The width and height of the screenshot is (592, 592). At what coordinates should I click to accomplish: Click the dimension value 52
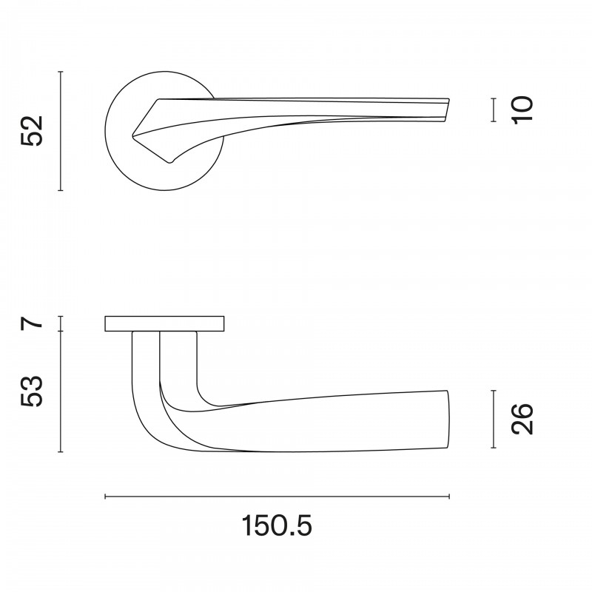click(32, 131)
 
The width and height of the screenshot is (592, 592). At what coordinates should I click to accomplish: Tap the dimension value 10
click(522, 109)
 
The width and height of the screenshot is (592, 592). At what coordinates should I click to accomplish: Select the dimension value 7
click(32, 323)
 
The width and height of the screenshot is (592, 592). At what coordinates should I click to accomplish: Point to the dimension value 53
click(32, 391)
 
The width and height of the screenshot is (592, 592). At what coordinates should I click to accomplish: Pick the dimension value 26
click(522, 419)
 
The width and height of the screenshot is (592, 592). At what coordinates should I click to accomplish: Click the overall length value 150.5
click(277, 525)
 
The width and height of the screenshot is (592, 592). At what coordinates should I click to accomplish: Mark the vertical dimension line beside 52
click(61, 131)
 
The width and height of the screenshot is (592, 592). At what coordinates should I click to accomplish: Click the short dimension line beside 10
click(493, 110)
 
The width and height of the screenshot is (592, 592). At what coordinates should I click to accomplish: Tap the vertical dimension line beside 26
click(493, 419)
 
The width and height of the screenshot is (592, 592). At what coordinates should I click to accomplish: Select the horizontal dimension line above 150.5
click(277, 497)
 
